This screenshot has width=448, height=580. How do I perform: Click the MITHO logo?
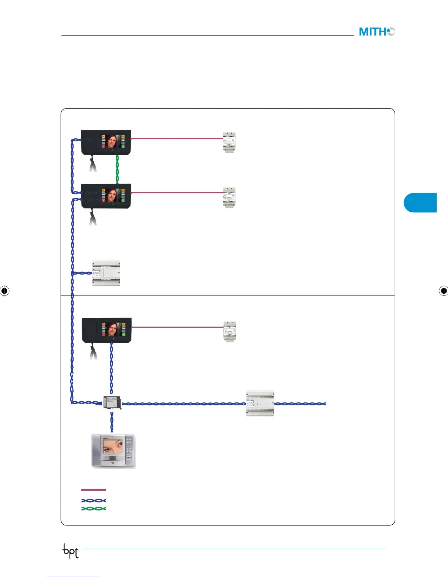377,32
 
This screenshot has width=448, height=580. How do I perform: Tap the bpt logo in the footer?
70,551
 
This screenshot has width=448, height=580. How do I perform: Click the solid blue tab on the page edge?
421,202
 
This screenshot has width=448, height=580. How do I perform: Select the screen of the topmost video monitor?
113,141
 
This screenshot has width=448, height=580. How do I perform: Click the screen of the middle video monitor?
113,195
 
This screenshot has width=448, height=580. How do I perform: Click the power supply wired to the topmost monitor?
229,142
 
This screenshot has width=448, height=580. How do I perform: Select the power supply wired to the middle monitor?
229,198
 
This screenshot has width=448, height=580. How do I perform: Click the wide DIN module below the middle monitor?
106,273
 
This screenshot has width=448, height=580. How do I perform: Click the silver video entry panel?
113,451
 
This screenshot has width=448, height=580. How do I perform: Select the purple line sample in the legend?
93,490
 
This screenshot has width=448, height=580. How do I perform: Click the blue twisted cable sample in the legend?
93,500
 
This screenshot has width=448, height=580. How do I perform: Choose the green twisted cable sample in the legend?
93,509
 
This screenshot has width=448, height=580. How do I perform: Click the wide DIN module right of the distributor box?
260,404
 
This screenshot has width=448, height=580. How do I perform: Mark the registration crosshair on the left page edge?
5,291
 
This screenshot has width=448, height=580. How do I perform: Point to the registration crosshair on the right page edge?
443,291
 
